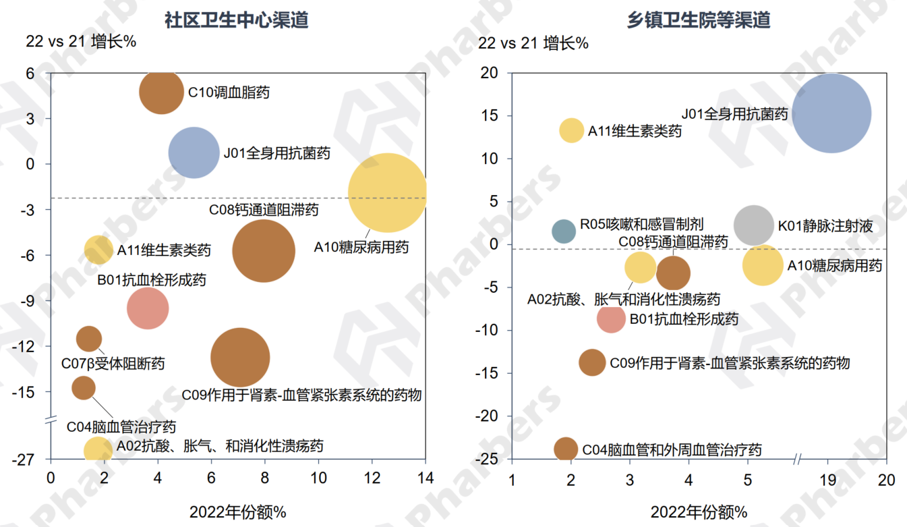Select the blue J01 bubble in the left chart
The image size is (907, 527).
click(194, 153)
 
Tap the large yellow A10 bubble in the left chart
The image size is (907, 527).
click(388, 194)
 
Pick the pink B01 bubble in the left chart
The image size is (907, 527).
click(148, 308)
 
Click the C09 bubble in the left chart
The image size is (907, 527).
click(240, 358)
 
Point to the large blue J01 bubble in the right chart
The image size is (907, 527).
click(831, 113)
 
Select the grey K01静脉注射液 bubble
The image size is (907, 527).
click(754, 225)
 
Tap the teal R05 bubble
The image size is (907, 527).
click(564, 231)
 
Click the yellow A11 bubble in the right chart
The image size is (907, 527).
click(572, 130)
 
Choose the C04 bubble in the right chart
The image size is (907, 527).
click(566, 449)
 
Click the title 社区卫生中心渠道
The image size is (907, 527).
click(237, 20)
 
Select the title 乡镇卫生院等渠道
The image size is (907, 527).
click(699, 20)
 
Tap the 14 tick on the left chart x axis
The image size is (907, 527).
click(425, 478)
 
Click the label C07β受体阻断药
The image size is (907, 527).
click(113, 364)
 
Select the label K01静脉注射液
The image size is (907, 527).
click(825, 226)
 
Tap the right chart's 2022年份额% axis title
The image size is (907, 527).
click(699, 512)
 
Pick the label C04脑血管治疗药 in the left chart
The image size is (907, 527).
click(121, 426)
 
